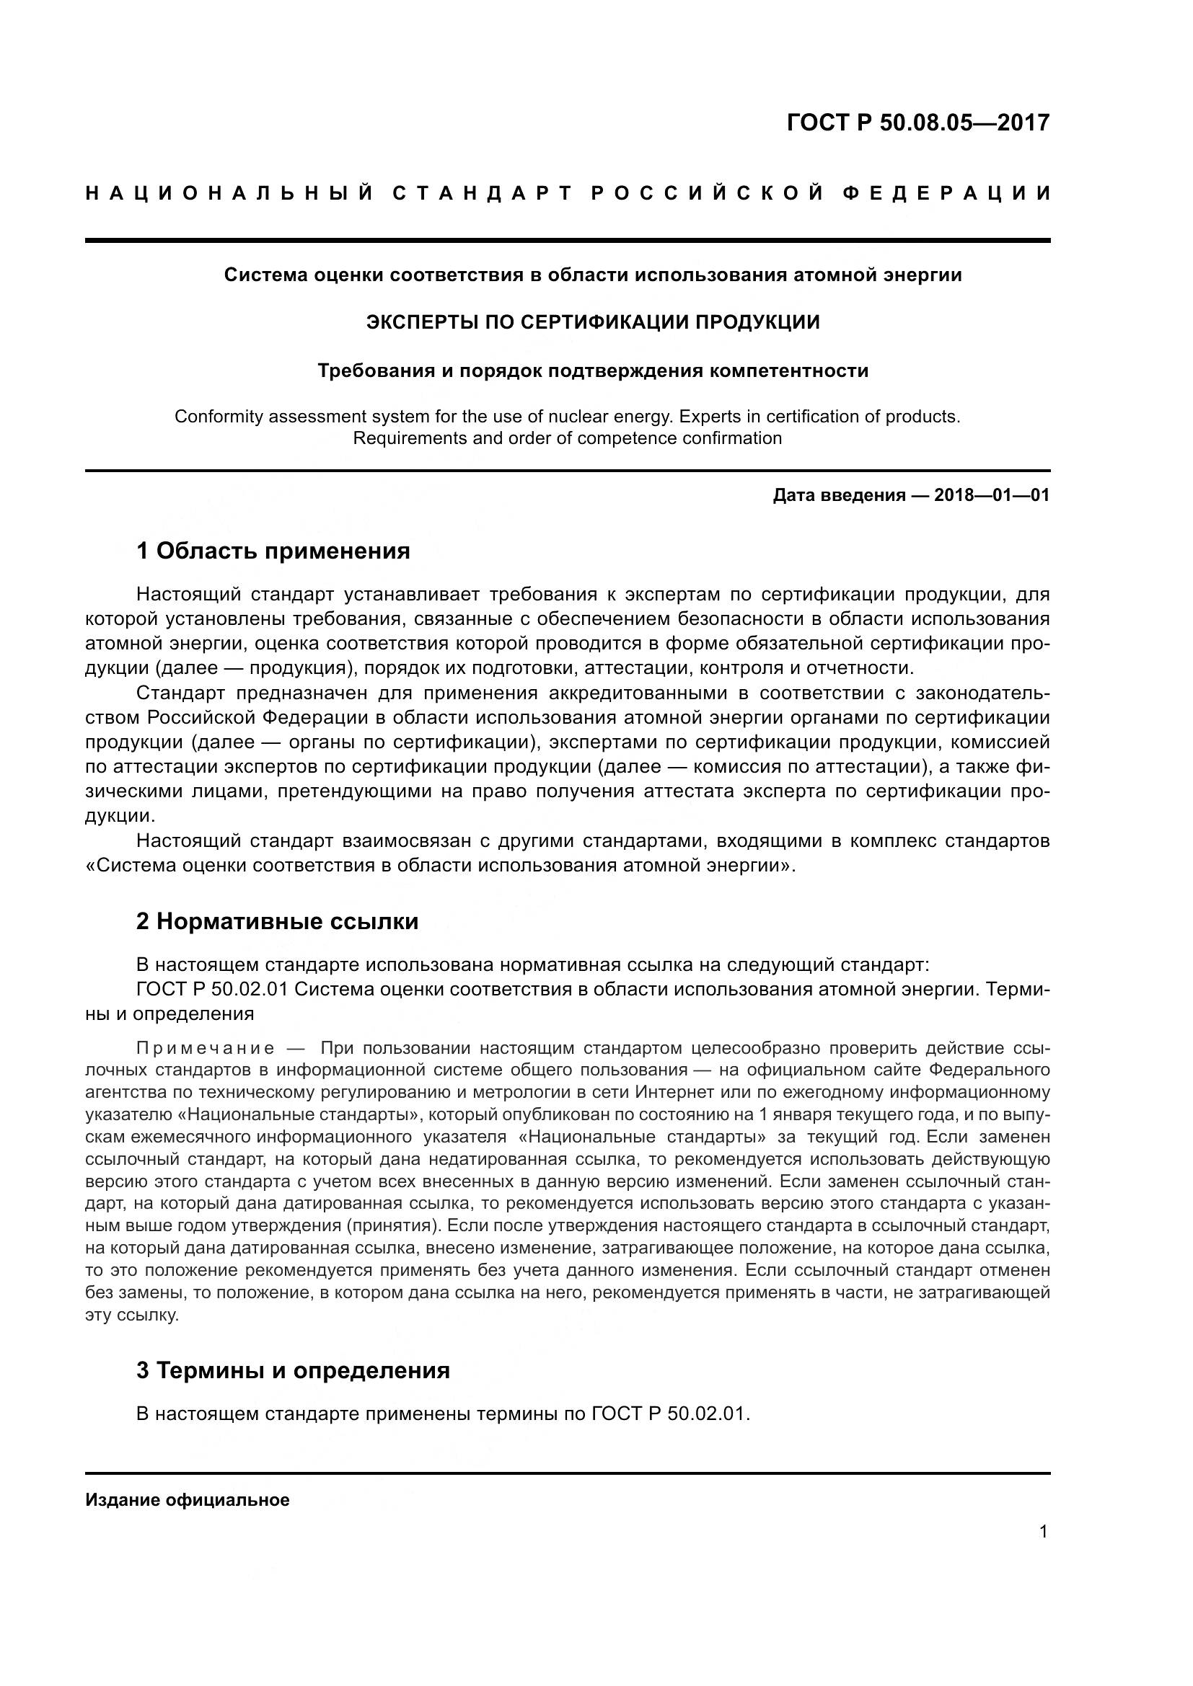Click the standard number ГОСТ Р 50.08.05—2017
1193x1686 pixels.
click(x=917, y=122)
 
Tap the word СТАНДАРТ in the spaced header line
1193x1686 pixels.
click(x=482, y=193)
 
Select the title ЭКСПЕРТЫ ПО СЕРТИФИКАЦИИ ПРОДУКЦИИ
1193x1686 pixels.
click(x=593, y=322)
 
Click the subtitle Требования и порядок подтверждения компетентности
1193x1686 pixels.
click(x=593, y=371)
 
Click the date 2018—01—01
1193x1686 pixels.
click(x=991, y=495)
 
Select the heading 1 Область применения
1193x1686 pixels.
click(x=273, y=551)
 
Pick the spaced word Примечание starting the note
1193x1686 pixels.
click(x=206, y=1048)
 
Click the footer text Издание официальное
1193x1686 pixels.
click(x=188, y=1500)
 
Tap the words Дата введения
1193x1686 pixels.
click(x=838, y=495)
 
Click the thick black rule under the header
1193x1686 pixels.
click(x=567, y=240)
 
